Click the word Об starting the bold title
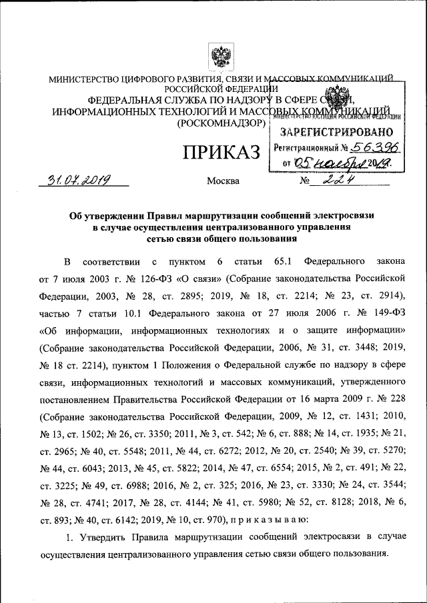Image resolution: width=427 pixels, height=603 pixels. tap(77, 215)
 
